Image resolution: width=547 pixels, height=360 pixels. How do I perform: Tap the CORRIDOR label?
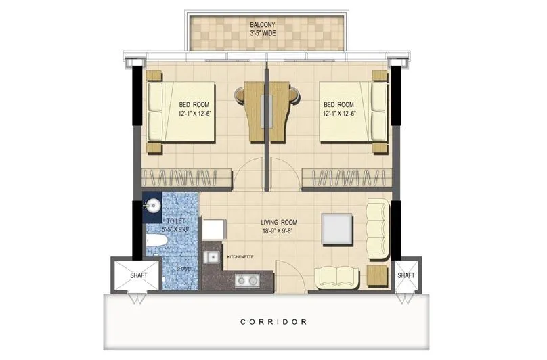click(273, 322)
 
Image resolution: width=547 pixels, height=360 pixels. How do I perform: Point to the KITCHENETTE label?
click(240, 256)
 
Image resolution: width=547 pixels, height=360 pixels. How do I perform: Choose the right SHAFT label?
click(406, 275)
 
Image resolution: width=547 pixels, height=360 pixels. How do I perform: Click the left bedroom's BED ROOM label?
click(194, 104)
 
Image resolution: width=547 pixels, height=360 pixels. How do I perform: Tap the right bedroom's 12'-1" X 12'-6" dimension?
click(338, 114)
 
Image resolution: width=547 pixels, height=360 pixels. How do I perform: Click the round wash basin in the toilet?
click(153, 205)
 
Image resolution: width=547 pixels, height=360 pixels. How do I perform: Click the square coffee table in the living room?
click(336, 229)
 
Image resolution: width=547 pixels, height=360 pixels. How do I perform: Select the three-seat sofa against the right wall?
click(378, 229)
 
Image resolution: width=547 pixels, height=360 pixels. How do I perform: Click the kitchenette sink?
click(212, 256)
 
